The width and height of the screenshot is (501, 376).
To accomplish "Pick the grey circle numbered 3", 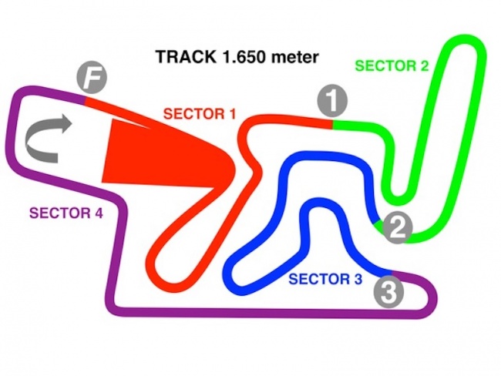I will pos(390,291).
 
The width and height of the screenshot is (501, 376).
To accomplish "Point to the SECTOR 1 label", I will pos(200,114).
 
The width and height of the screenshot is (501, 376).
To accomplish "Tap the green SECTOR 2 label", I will pos(392,65).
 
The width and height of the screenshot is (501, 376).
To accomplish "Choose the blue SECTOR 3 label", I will pos(324,279).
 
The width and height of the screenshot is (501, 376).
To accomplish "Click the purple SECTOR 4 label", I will pos(65,213).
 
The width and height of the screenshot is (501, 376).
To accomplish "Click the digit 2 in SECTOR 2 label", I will pos(425,65).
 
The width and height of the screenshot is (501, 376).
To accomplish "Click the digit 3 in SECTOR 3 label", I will pos(357,279).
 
